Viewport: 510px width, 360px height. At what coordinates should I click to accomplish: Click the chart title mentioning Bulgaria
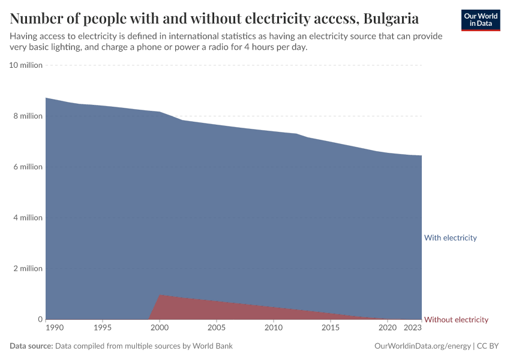(x=214, y=18)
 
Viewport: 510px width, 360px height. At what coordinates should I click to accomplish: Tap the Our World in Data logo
(x=481, y=20)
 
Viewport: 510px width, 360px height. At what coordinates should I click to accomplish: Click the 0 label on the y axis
(x=40, y=319)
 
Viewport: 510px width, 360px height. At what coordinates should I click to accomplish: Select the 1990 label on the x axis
(x=54, y=328)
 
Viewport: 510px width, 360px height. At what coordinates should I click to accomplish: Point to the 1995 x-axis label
(x=103, y=328)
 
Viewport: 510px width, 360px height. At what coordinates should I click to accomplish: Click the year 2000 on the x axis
(x=160, y=328)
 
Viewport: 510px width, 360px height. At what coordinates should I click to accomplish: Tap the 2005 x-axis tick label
(x=217, y=328)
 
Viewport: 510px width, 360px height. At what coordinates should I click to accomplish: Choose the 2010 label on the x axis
(x=274, y=328)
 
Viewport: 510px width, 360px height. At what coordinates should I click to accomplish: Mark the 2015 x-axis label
(x=331, y=328)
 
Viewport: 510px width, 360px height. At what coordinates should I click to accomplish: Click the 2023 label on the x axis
(x=412, y=328)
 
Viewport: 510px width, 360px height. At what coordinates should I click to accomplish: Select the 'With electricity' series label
(x=450, y=238)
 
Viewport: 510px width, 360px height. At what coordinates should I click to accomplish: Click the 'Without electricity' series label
(x=456, y=320)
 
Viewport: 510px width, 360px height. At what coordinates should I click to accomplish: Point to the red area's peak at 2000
(x=160, y=295)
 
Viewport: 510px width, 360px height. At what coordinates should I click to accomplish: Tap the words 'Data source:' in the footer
(x=31, y=346)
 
